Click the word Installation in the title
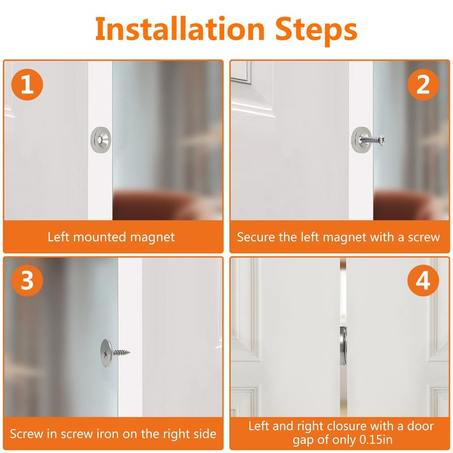(180, 29)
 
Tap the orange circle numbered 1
(27, 84)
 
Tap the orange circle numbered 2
(423, 84)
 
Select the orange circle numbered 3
(27, 280)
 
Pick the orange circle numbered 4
(423, 280)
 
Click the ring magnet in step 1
(101, 140)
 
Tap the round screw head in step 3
(106, 353)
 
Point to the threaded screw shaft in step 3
(122, 352)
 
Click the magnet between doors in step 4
(343, 345)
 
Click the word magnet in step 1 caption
(152, 237)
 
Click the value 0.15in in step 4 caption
(376, 440)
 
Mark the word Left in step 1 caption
(58, 237)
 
